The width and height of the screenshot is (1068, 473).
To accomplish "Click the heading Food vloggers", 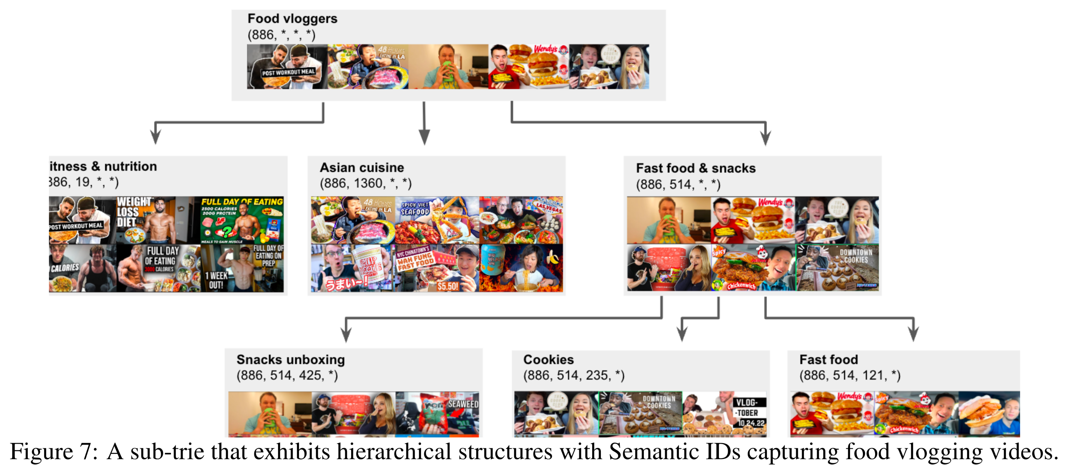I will (x=292, y=19).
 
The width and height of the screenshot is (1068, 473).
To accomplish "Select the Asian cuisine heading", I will (x=362, y=167).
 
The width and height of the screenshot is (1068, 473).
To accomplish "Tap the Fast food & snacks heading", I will (x=696, y=169).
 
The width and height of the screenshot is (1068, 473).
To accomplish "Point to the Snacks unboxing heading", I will (x=290, y=360).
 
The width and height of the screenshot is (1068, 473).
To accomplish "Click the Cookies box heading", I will (x=548, y=360).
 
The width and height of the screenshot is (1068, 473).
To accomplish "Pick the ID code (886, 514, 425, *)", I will (x=287, y=375).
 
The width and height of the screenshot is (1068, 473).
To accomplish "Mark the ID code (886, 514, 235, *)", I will (x=573, y=375).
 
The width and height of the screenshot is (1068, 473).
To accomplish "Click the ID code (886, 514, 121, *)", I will (x=850, y=375).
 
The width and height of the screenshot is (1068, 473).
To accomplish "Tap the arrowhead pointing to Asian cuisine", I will (x=424, y=137).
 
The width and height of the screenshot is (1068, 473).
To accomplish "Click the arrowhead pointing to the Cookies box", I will (x=682, y=333).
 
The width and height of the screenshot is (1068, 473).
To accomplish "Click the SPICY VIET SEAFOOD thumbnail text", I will (x=415, y=208).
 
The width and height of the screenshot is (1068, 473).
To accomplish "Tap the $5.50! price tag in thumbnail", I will (x=448, y=286).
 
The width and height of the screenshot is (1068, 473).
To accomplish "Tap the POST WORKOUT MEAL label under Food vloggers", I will (x=288, y=73).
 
